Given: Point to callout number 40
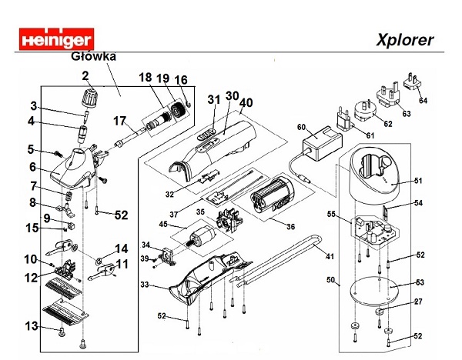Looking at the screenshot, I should click(246, 102).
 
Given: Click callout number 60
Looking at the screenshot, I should click(301, 127).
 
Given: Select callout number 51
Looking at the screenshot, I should click(417, 180).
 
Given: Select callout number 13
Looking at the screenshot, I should click(30, 326).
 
